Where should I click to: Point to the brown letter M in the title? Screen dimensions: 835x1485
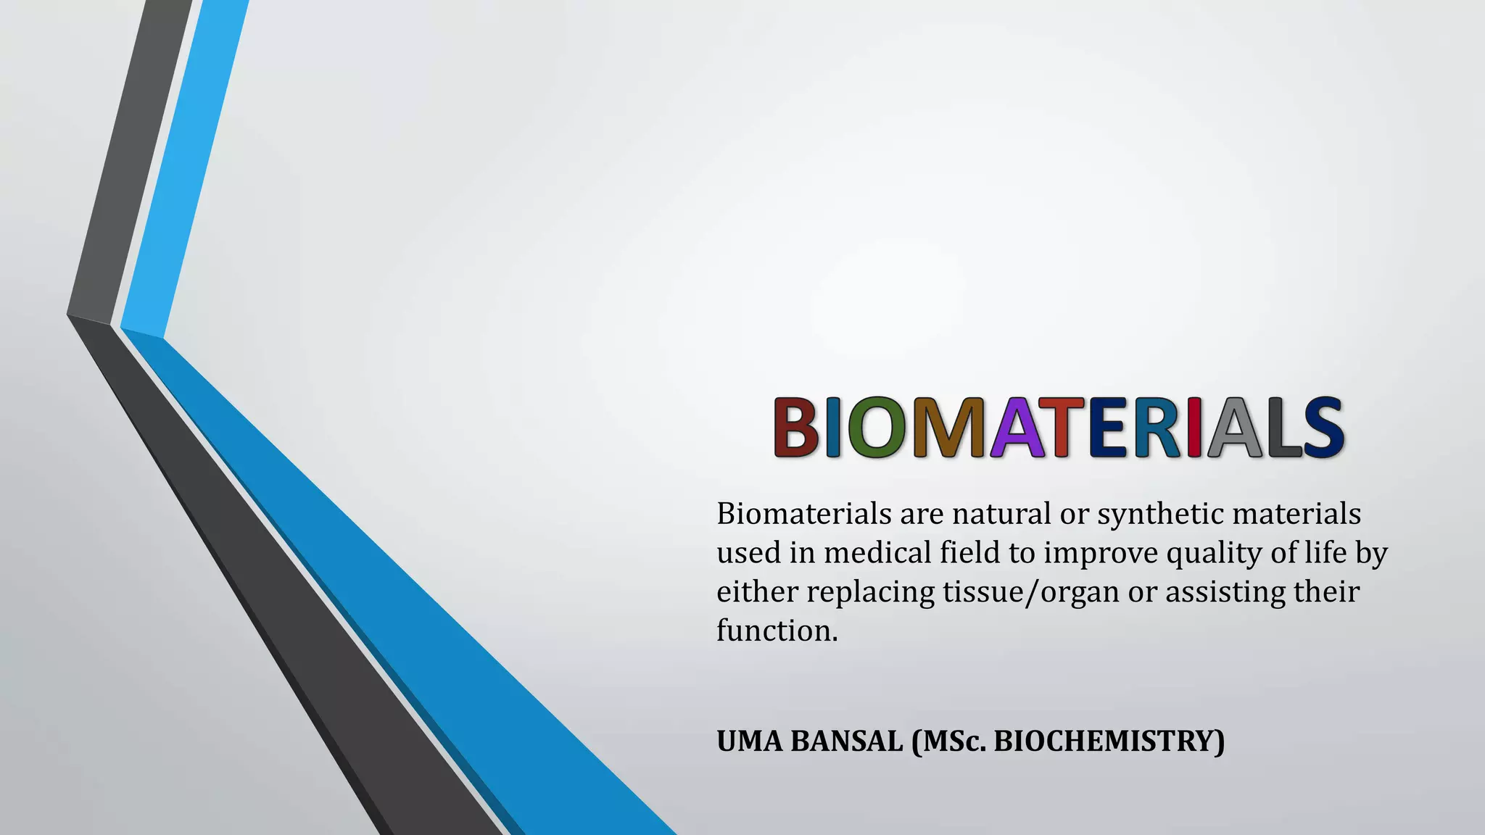948,428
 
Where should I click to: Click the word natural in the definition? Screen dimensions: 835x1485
1003,514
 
